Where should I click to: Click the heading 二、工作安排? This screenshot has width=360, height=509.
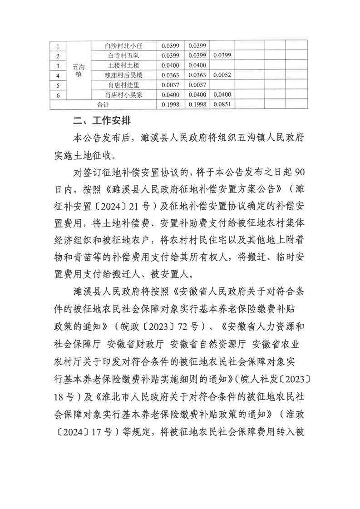click(103, 121)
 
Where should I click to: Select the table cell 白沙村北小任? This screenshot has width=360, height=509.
click(123, 46)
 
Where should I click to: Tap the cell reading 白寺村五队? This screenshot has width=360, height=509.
click(123, 56)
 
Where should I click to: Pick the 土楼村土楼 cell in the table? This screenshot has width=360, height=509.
click(123, 65)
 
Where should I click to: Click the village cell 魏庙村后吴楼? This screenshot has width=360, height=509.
click(123, 75)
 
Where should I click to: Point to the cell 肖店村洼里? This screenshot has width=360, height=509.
click(123, 85)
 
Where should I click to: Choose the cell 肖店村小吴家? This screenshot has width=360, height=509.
click(123, 94)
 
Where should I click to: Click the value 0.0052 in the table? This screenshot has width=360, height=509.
click(222, 75)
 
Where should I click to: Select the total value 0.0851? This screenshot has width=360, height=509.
click(222, 104)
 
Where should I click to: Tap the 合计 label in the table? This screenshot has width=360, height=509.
click(103, 104)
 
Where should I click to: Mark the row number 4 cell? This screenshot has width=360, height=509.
click(58, 75)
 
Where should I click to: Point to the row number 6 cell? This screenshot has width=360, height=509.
click(58, 94)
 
